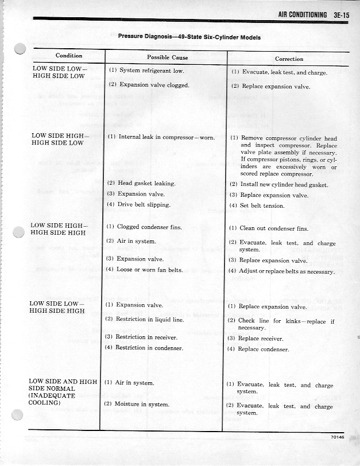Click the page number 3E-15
click(338, 15)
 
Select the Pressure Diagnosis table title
click(189, 37)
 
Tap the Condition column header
click(69, 56)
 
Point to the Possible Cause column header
click(167, 58)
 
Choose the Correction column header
click(289, 59)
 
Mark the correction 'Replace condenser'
click(264, 349)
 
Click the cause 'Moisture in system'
click(144, 404)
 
